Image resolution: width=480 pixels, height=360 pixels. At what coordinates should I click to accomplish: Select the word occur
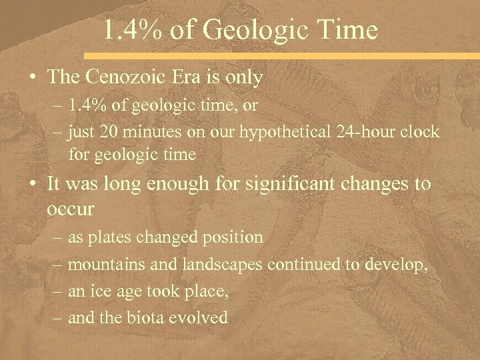coord(71,209)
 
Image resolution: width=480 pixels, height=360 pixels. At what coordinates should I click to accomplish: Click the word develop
coord(401,265)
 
